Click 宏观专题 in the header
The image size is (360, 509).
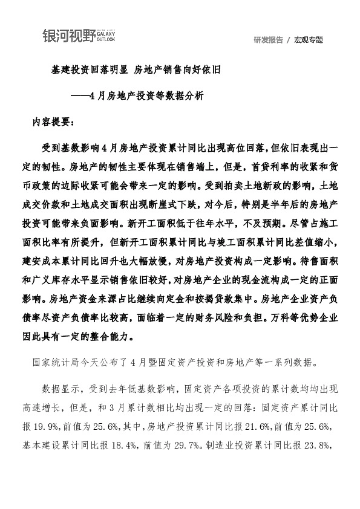click(309, 40)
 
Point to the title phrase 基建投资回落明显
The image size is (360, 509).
click(88, 70)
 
